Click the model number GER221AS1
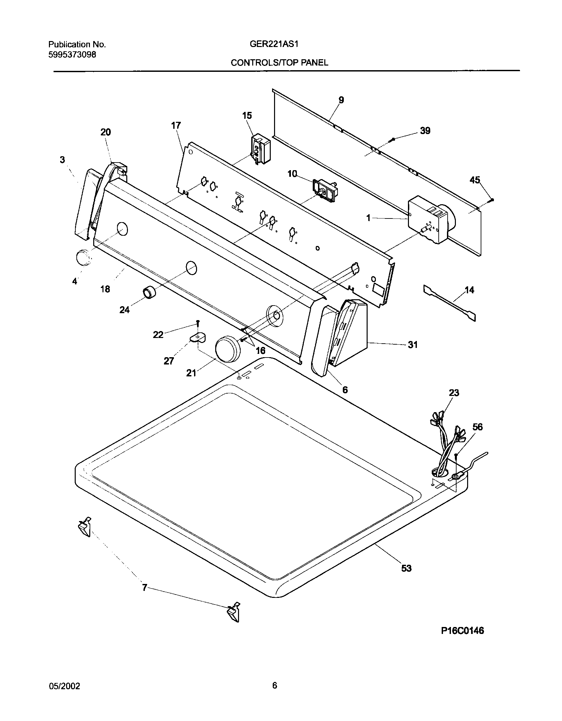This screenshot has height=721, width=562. coord(274,44)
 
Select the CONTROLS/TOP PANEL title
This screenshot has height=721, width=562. coord(279,63)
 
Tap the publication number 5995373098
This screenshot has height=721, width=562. coord(72,55)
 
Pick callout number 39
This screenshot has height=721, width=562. coord(425,131)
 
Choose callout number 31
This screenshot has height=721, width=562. coord(413,345)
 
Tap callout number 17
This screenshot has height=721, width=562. coord(176,125)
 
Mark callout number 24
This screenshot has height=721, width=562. coord(124,310)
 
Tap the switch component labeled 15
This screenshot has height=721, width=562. coord(261,149)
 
